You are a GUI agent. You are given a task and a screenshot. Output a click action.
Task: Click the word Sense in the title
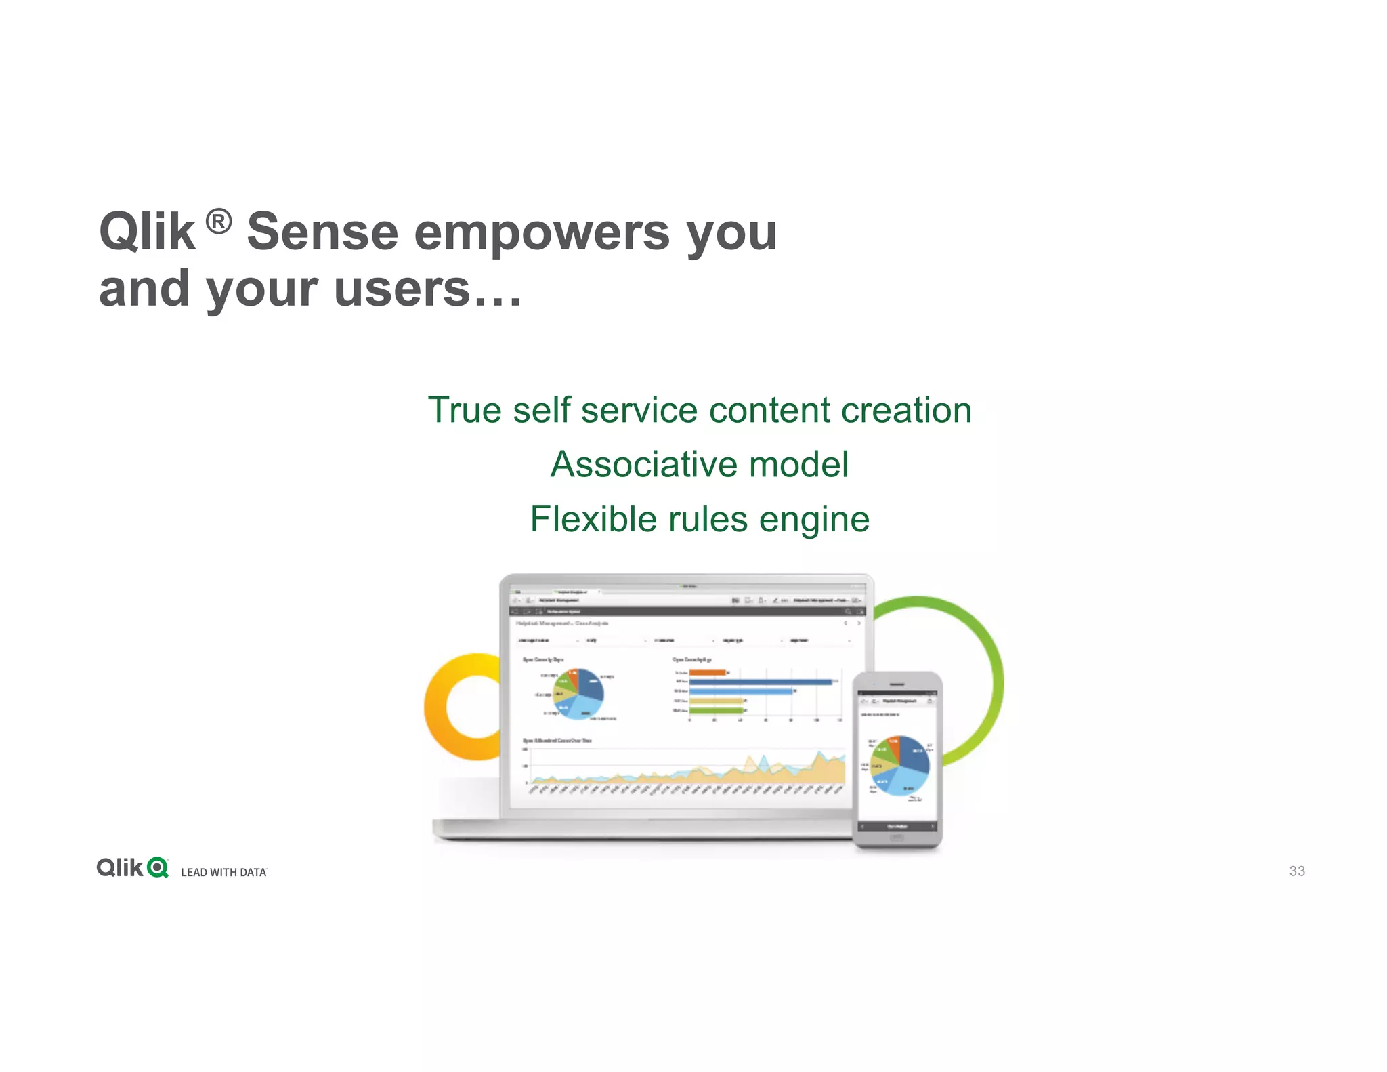(323, 232)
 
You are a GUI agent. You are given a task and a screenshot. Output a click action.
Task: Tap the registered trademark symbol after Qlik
(219, 222)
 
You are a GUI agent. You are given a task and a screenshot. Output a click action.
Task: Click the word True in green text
(464, 411)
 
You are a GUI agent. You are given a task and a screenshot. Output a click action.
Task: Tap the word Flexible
(593, 520)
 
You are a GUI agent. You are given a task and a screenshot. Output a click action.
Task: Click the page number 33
(1296, 871)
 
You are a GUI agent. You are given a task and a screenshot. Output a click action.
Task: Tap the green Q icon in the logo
(157, 867)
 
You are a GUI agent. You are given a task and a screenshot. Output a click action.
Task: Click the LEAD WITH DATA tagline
(223, 873)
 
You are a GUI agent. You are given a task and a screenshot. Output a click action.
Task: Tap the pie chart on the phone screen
(899, 765)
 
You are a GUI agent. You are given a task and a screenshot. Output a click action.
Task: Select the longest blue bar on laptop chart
(760, 682)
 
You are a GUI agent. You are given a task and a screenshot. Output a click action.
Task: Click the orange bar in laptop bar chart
(707, 672)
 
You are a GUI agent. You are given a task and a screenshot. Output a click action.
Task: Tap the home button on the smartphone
(896, 838)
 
